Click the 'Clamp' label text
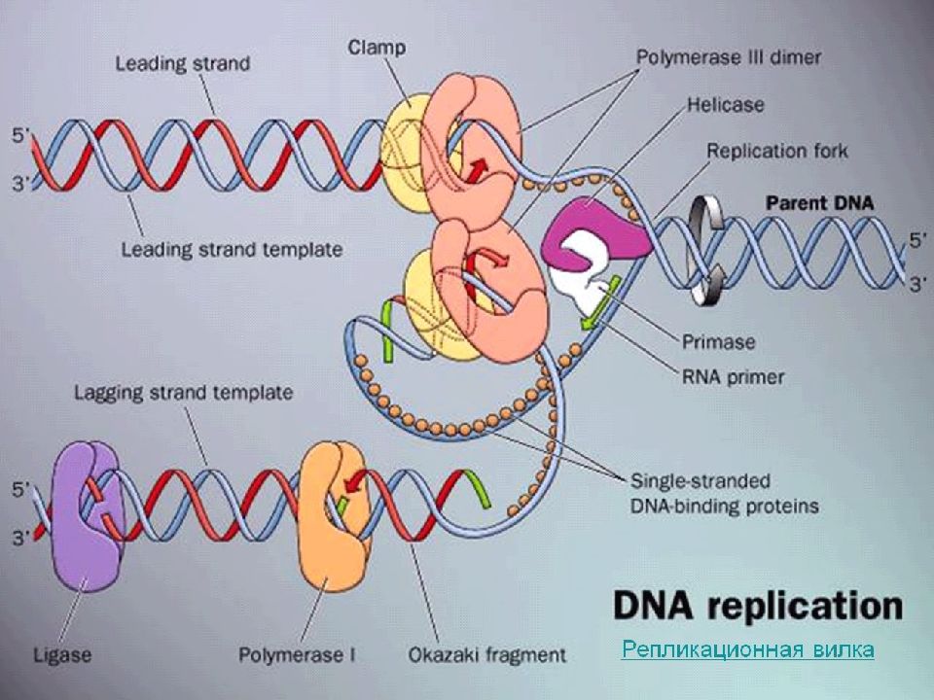pos(377,48)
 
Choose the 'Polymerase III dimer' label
pos(729,57)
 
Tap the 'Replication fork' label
pos(776,151)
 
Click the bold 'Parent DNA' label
pos(819,203)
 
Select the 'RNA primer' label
pos(733,377)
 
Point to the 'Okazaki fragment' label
pos(486,655)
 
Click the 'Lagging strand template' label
pos(184,393)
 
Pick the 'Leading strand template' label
pos(232,250)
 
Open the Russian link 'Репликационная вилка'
pos(747,648)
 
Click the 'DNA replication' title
pos(758,606)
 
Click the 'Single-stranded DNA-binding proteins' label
pos(724,494)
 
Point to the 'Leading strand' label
pos(182,63)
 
